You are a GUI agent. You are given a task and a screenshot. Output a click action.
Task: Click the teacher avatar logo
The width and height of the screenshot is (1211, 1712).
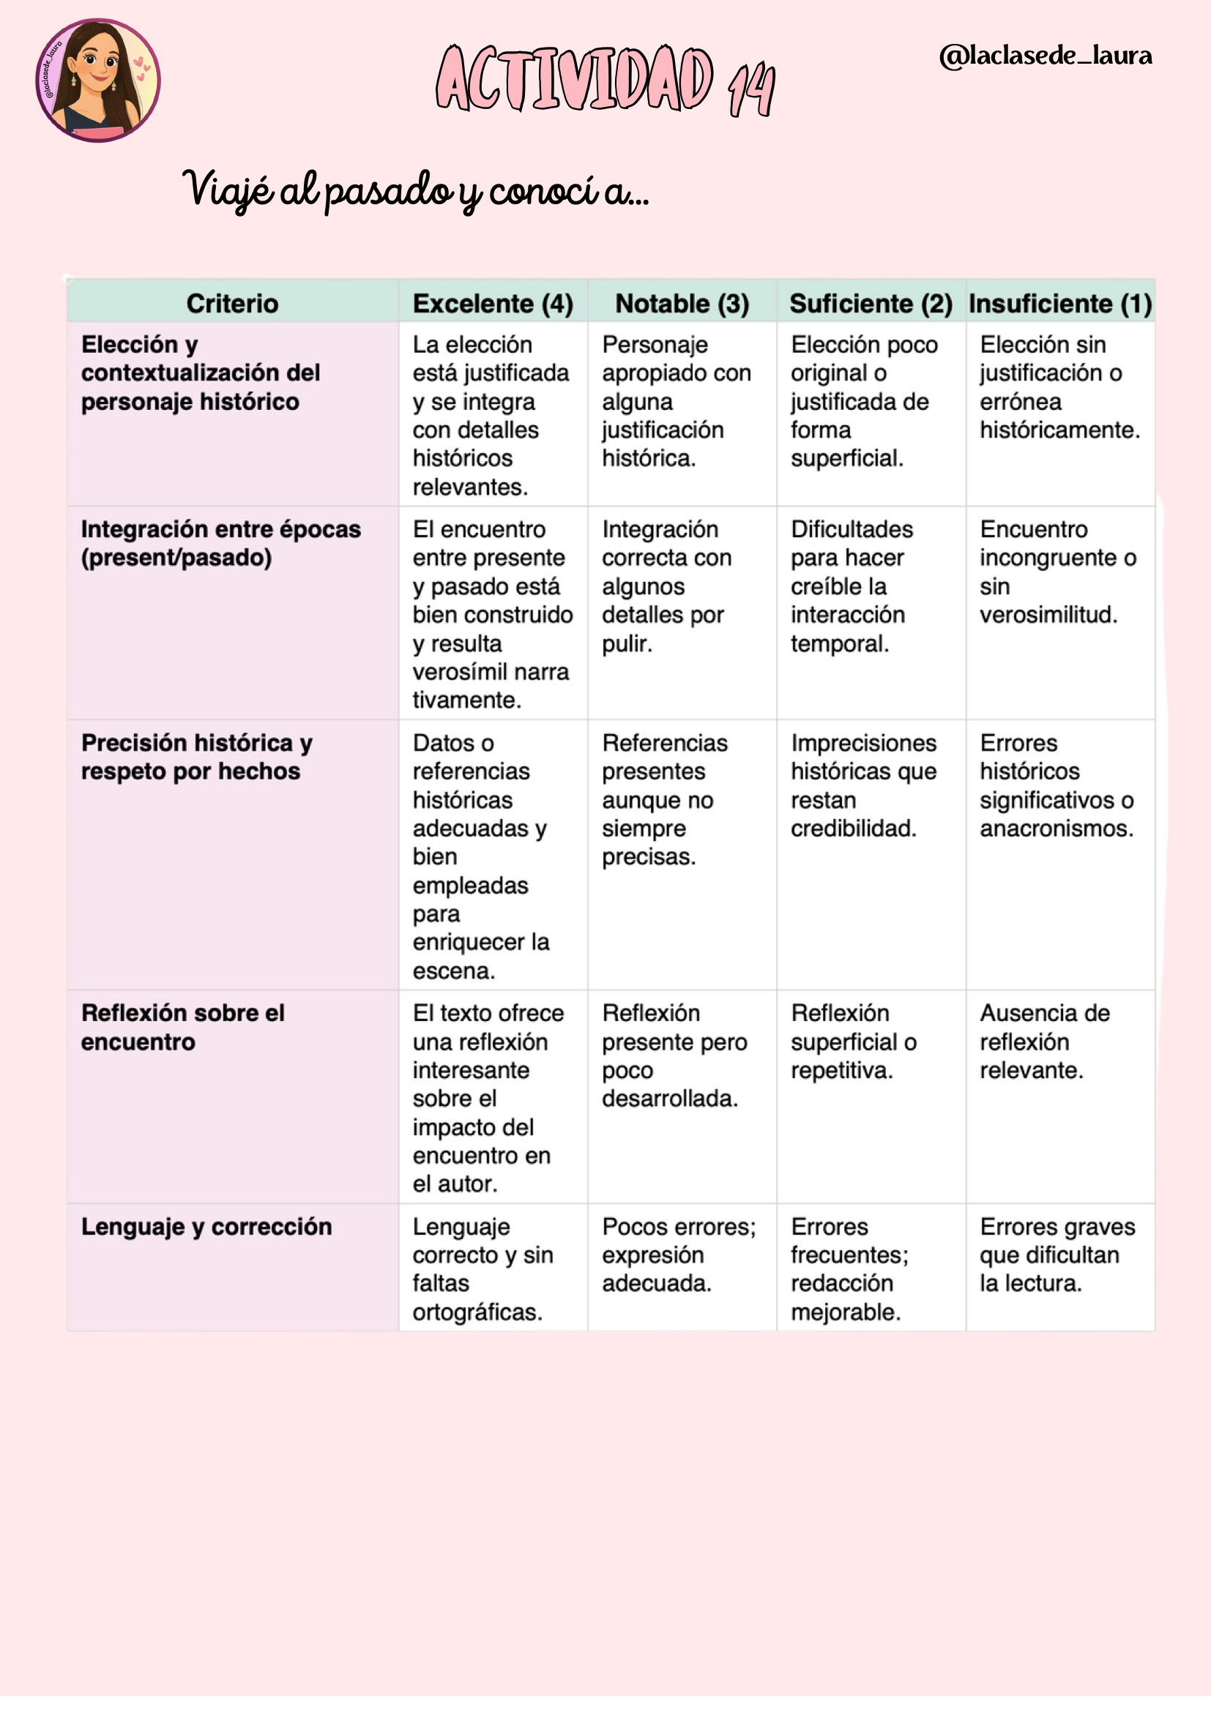tap(97, 81)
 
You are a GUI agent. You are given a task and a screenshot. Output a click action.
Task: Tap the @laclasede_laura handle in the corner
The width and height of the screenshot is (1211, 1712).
tap(1046, 56)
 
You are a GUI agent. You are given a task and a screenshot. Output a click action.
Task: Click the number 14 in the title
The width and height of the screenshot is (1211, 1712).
tap(752, 89)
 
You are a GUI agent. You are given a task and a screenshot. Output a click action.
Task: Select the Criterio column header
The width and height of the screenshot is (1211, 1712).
tap(232, 304)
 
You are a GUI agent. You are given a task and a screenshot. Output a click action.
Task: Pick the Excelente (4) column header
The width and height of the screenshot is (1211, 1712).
tap(493, 304)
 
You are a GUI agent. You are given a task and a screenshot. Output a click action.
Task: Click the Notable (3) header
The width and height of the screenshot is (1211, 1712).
tap(682, 304)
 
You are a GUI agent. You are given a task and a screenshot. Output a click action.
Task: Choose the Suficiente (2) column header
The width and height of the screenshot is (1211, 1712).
tap(871, 304)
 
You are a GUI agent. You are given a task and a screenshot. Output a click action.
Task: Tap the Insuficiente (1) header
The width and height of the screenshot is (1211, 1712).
tap(1060, 304)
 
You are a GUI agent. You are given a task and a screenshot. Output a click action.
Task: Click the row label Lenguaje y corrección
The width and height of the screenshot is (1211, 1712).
tap(206, 1227)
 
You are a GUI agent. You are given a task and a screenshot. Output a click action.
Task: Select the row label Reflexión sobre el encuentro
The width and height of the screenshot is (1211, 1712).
tap(183, 1028)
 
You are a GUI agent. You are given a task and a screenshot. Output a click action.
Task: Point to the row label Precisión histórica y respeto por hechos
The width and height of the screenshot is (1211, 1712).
tap(196, 757)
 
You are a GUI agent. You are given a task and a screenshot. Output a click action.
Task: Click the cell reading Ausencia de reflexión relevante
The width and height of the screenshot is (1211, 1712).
tap(1044, 1042)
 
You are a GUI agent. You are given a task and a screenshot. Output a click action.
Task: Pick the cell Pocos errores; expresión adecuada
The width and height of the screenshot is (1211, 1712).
tap(679, 1255)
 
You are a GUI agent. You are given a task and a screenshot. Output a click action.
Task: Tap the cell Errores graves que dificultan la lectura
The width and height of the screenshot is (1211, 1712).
tap(1057, 1255)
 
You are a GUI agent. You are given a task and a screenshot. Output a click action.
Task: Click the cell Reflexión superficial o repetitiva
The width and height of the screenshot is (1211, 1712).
tap(853, 1042)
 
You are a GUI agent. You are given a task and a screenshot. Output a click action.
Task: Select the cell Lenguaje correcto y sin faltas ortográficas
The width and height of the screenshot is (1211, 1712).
tap(482, 1269)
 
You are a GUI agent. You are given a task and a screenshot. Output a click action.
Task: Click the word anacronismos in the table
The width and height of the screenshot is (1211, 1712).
tap(1056, 829)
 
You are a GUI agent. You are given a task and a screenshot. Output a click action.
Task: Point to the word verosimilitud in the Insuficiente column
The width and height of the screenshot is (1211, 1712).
tap(1048, 614)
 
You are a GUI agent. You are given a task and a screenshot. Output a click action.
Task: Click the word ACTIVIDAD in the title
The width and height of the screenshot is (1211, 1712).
tap(574, 79)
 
